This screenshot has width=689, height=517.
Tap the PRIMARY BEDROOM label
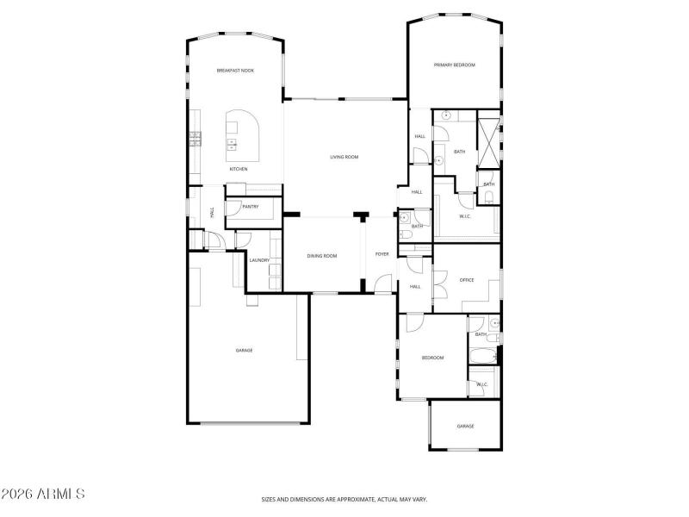click(455, 65)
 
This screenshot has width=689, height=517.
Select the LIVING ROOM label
click(344, 157)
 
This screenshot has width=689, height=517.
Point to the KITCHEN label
click(239, 169)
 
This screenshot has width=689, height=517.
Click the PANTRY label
click(251, 207)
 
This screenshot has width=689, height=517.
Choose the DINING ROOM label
click(322, 256)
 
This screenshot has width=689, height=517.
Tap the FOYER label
click(382, 254)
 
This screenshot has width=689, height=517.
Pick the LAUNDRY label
click(260, 260)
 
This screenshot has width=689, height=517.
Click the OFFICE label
click(467, 280)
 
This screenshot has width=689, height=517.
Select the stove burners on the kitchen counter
click(195, 136)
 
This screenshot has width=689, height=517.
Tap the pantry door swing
click(233, 206)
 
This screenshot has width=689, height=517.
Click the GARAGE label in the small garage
click(466, 427)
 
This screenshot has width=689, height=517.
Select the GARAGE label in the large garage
click(245, 350)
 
